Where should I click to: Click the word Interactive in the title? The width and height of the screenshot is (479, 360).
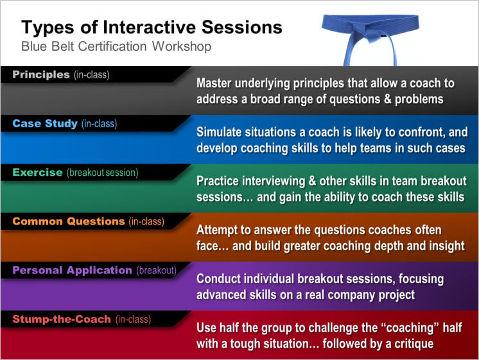[150, 27]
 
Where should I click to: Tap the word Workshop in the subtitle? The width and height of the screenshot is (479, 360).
[182, 46]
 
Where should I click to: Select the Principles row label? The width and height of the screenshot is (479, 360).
[41, 74]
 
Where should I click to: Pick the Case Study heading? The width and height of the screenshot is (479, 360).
[45, 123]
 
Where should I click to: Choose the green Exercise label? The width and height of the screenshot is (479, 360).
[38, 172]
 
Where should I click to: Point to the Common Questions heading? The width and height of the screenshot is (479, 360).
[69, 221]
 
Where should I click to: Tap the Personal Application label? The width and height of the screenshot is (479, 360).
[72, 270]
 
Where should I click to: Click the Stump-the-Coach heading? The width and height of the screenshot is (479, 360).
[62, 319]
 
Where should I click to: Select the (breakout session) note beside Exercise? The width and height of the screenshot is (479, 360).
[102, 173]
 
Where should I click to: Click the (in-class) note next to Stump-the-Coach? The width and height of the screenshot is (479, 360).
[133, 320]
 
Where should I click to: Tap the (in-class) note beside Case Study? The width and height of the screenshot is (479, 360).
[100, 124]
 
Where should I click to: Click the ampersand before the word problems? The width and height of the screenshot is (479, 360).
[387, 99]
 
